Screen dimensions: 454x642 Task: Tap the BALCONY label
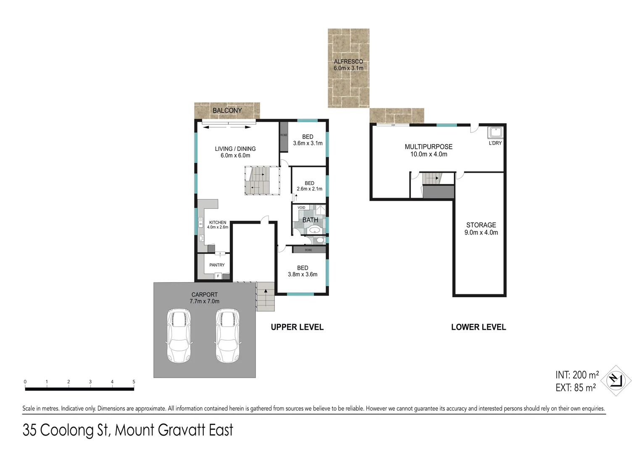[227, 111]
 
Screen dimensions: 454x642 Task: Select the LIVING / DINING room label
[235, 149]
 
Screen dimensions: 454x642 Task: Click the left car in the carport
[179, 336]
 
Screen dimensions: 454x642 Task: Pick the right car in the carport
[227, 336]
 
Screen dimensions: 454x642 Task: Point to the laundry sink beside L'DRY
[495, 132]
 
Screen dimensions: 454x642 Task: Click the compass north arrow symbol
[616, 380]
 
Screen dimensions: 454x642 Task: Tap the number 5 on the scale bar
[134, 382]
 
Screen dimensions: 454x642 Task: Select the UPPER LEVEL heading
[297, 327]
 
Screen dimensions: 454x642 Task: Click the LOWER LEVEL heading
[478, 327]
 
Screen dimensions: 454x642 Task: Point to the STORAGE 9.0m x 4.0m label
[481, 229]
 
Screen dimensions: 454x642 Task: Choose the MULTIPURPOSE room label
[429, 147]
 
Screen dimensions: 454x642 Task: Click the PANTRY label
[217, 265]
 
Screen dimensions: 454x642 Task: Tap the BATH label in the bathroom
[310, 220]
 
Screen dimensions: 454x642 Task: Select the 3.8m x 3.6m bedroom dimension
[303, 275]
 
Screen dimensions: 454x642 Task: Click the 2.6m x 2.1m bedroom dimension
[309, 189]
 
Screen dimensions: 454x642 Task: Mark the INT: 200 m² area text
[577, 375]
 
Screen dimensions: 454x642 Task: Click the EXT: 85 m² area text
[575, 388]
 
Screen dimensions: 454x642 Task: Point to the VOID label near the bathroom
[301, 208]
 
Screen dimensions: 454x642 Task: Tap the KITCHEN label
[218, 222]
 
